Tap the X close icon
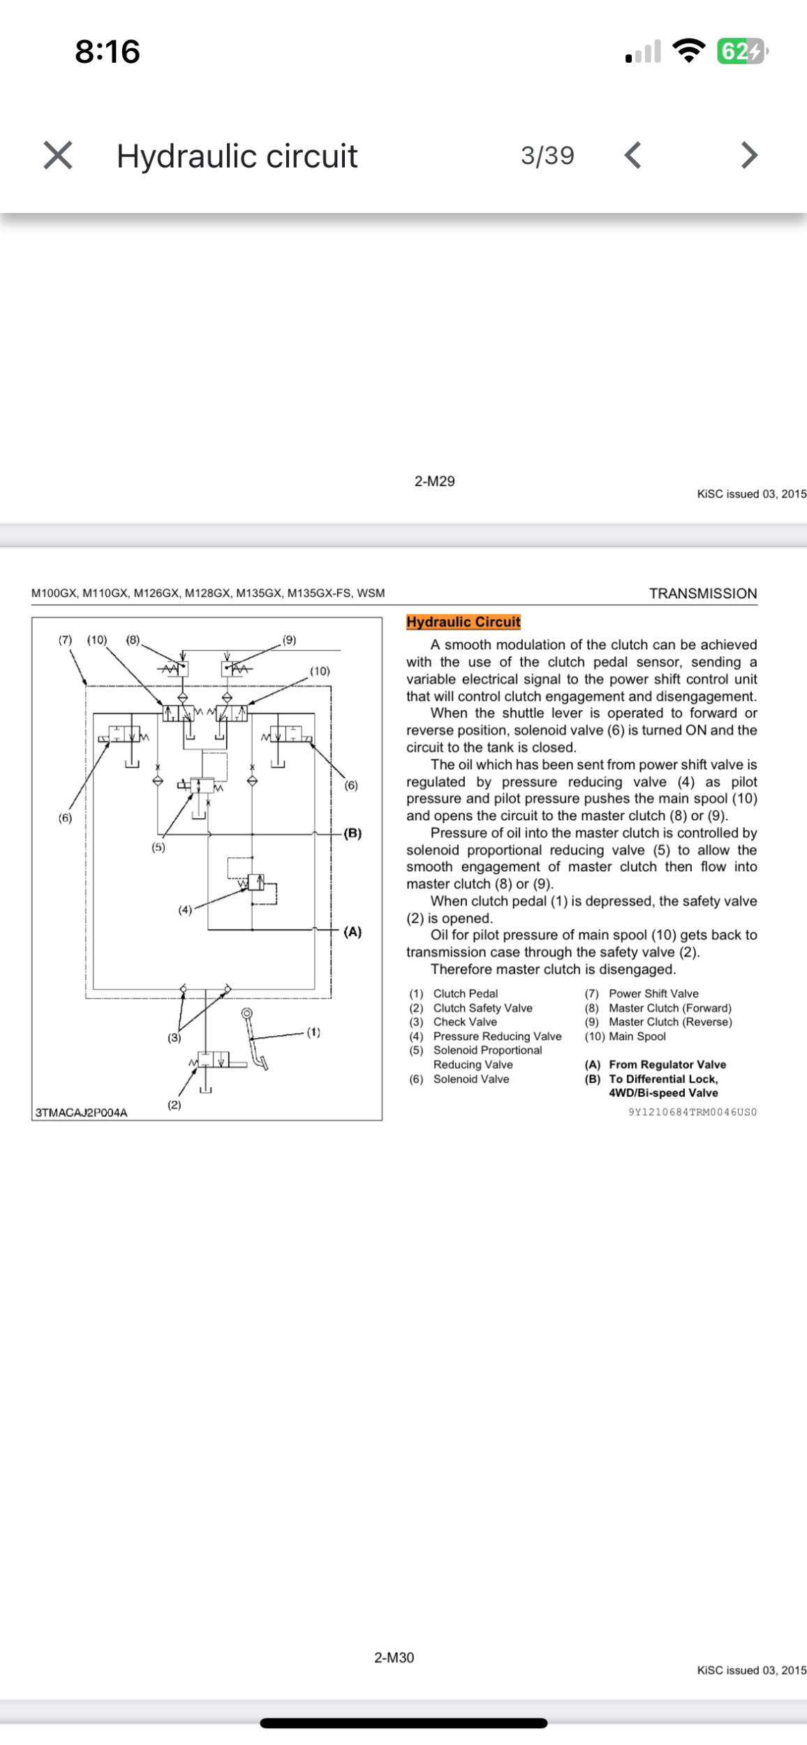pyautogui.click(x=57, y=155)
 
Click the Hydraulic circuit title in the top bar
pyautogui.click(x=237, y=156)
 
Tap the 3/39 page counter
pyautogui.click(x=547, y=155)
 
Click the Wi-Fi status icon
pyautogui.click(x=688, y=50)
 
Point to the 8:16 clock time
pyautogui.click(x=108, y=52)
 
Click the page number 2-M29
pyautogui.click(x=434, y=481)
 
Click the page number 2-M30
pyautogui.click(x=394, y=1657)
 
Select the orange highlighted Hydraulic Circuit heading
pyautogui.click(x=464, y=621)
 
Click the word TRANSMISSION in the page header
pyautogui.click(x=703, y=593)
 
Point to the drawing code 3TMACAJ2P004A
pyautogui.click(x=81, y=1113)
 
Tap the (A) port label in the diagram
pyautogui.click(x=353, y=932)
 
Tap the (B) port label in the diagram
pyautogui.click(x=353, y=833)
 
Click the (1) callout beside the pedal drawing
pyautogui.click(x=313, y=1032)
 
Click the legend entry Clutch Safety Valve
pyautogui.click(x=482, y=1008)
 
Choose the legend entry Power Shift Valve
pyautogui.click(x=653, y=993)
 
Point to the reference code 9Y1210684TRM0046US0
pyautogui.click(x=693, y=1112)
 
